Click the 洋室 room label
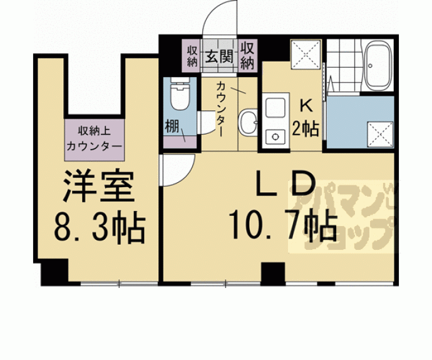click(x=97, y=186)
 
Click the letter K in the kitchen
click(x=307, y=105)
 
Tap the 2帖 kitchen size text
click(x=306, y=129)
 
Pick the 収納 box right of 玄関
click(x=247, y=56)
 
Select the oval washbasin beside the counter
click(x=249, y=123)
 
